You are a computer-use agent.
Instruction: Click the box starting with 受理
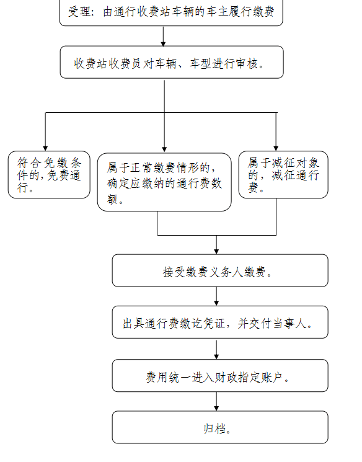tap(171, 12)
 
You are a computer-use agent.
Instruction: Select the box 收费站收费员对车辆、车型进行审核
tap(172, 62)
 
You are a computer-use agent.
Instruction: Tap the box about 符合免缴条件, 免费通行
tap(49, 175)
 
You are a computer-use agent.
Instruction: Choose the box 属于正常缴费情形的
tap(164, 182)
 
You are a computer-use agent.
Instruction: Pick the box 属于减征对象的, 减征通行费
tap(283, 175)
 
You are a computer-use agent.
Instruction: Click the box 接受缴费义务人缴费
tap(220, 270)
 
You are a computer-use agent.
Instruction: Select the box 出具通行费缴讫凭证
tap(220, 322)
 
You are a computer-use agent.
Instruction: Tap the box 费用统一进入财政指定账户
tap(220, 376)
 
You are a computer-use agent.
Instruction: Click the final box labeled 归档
tap(220, 427)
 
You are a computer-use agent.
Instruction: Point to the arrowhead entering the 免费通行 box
tap(45, 148)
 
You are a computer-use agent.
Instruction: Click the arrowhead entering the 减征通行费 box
tap(276, 148)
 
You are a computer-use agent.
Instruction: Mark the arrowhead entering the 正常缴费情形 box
tap(164, 149)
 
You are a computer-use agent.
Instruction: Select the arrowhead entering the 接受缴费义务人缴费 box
tap(216, 251)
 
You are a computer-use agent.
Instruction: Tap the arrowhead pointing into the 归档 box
tap(216, 408)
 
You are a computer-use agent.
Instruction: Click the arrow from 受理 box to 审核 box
tap(163, 36)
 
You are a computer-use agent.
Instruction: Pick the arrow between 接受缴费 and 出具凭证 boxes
tap(216, 296)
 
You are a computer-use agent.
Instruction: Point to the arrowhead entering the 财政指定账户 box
tap(216, 357)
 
